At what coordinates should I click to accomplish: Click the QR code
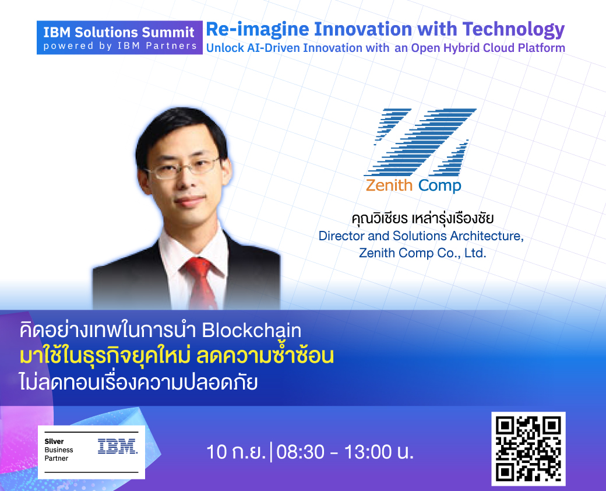point(529,449)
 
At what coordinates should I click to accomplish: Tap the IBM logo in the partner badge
point(118,446)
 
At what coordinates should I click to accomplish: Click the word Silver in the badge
point(54,441)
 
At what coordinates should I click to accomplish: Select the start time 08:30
point(300,451)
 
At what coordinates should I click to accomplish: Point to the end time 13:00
point(368,451)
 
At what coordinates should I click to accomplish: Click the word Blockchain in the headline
point(252,331)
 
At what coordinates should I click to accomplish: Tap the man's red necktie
point(200,282)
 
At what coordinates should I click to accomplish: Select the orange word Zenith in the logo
point(389,185)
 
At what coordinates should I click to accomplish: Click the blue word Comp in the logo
point(440,186)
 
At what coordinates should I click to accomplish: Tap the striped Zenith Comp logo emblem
point(420,142)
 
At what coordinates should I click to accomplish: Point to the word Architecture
point(487,236)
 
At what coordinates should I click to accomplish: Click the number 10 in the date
point(217,451)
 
